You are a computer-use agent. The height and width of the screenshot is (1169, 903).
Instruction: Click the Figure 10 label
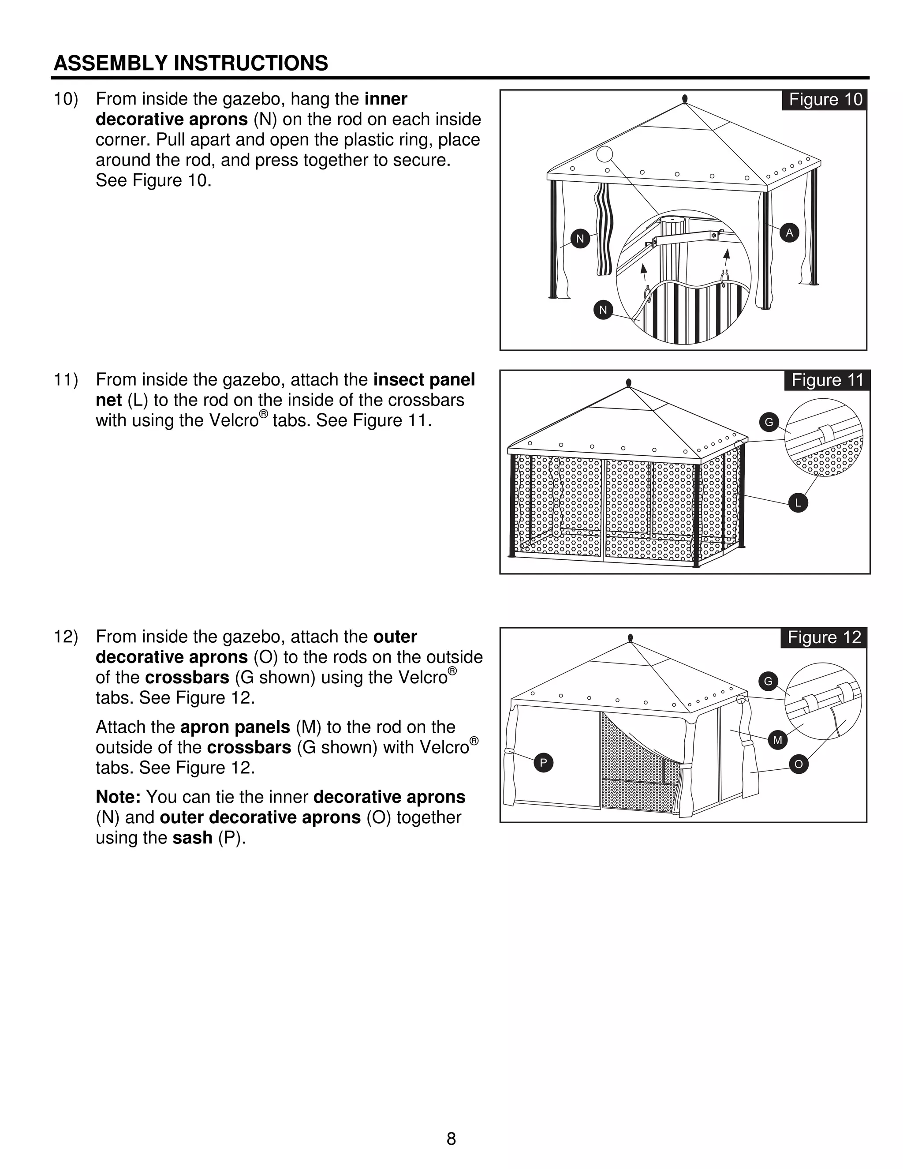click(x=825, y=100)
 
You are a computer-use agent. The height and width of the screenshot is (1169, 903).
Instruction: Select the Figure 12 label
click(x=824, y=637)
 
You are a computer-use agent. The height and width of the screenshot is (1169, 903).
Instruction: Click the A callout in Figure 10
click(x=789, y=233)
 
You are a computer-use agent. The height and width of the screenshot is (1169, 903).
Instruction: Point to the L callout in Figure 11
click(x=798, y=502)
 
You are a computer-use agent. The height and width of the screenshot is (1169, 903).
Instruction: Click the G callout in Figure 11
click(x=769, y=422)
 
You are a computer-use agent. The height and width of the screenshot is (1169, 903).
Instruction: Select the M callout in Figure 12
click(x=777, y=740)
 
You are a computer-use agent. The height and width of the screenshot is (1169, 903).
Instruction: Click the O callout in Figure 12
click(x=798, y=764)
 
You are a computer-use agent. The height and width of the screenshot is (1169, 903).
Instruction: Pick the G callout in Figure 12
click(x=768, y=682)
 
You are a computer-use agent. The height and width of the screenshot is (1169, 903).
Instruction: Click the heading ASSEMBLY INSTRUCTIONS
click(x=191, y=63)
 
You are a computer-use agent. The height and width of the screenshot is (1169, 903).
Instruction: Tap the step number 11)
click(x=66, y=380)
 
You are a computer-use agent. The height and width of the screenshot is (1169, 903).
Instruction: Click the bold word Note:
click(x=118, y=797)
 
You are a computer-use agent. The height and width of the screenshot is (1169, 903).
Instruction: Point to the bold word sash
click(x=192, y=838)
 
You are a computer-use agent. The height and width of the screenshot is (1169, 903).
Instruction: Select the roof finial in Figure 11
click(x=629, y=383)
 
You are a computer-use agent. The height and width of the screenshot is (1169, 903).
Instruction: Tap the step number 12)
click(x=66, y=637)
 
